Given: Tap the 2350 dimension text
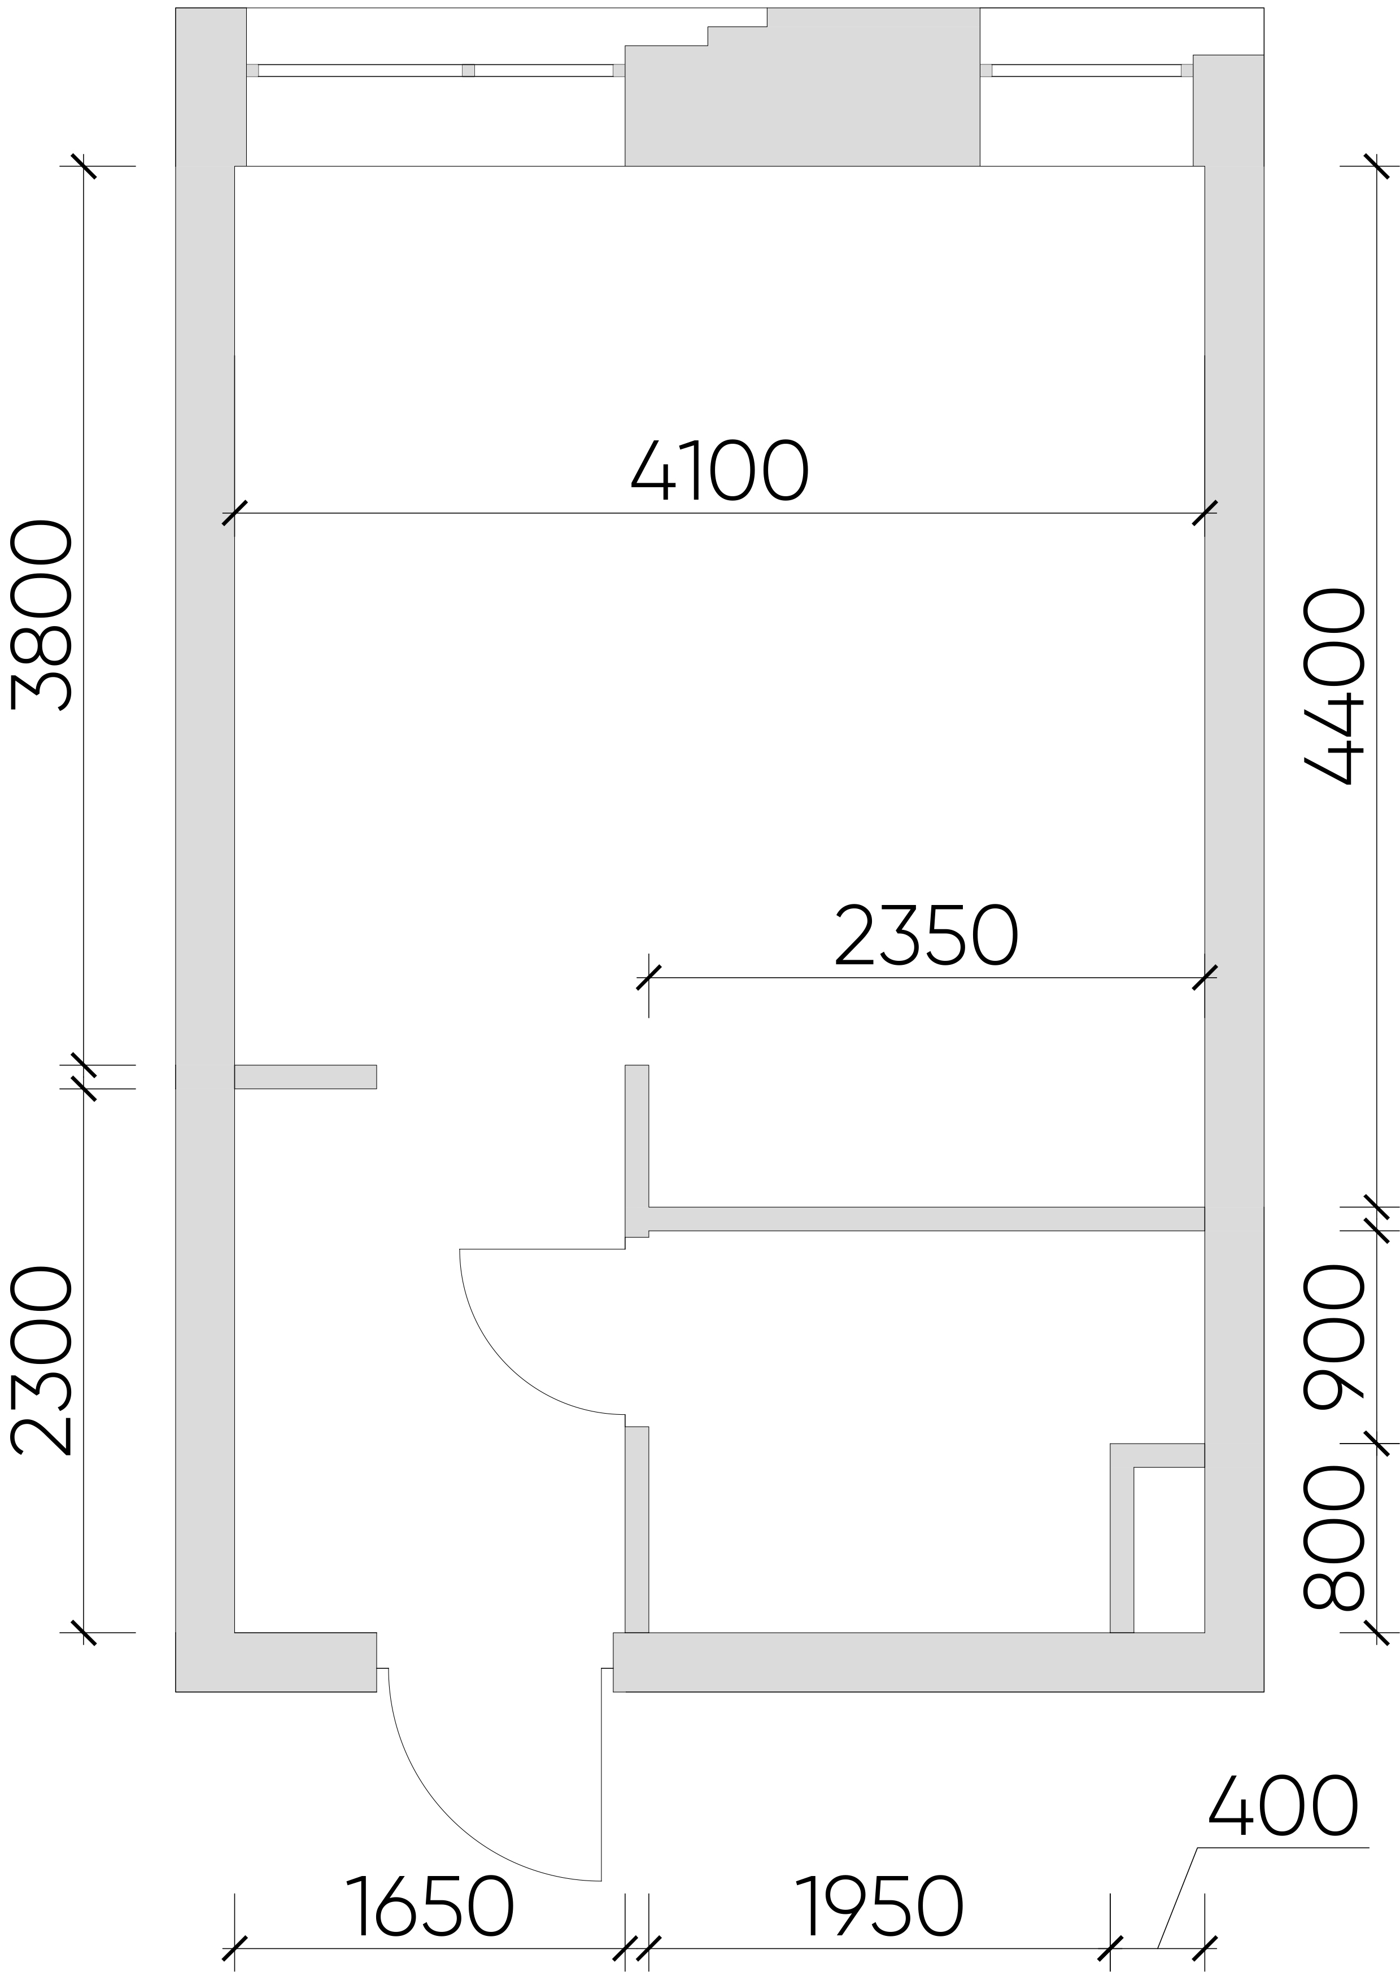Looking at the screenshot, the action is point(927,935).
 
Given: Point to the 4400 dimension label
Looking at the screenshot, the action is point(1334,687).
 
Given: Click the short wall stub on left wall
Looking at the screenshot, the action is point(305,1077).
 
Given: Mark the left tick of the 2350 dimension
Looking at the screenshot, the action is point(648,977).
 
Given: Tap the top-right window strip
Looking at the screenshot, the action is point(1086,71).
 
